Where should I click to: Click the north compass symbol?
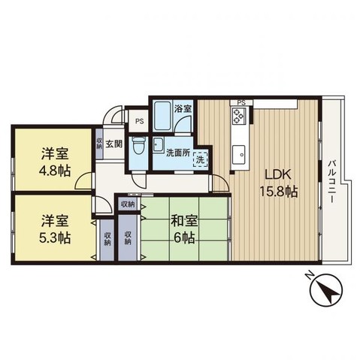(325, 289)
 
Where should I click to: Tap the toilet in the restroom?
(138, 146)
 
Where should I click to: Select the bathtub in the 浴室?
(162, 115)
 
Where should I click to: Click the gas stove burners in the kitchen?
(239, 116)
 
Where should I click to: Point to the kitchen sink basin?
(240, 155)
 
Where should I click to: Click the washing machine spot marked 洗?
(201, 159)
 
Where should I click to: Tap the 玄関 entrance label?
(114, 144)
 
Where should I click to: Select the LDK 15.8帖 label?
(278, 183)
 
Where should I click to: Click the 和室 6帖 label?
(184, 229)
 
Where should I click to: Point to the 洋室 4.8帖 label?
(55, 162)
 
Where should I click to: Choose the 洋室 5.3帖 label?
(55, 229)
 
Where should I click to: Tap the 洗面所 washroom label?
(178, 153)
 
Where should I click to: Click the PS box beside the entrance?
(138, 122)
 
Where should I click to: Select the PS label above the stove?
(241, 102)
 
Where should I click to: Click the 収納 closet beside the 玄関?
(99, 144)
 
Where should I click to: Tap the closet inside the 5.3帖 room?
(107, 240)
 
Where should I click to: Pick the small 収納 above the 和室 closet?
(128, 204)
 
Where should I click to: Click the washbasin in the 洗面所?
(158, 145)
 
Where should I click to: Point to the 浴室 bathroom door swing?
(183, 126)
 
